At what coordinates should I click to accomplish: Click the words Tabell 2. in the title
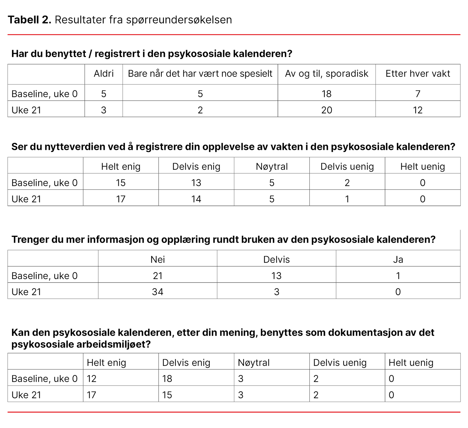tap(30, 20)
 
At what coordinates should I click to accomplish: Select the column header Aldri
tap(104, 74)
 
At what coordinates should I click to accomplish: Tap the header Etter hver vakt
tap(418, 74)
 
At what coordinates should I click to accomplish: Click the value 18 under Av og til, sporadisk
tap(326, 94)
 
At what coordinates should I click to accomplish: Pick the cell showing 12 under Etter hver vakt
tap(418, 110)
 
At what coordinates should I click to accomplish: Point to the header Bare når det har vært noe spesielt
tap(200, 74)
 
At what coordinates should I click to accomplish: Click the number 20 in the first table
tap(326, 110)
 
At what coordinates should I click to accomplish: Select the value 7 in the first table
tap(418, 94)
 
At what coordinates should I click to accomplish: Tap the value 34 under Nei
tap(157, 292)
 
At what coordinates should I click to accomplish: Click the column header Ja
tap(398, 259)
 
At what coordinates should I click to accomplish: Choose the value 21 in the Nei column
tap(157, 276)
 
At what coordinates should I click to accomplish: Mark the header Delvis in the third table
tap(276, 259)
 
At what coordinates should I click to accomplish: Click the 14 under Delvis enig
tap(196, 199)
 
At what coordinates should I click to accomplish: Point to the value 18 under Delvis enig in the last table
tap(167, 379)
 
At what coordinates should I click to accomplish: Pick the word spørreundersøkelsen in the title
tap(179, 20)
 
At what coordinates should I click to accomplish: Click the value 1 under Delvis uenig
tap(347, 199)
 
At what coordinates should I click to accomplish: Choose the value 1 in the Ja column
tap(398, 276)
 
